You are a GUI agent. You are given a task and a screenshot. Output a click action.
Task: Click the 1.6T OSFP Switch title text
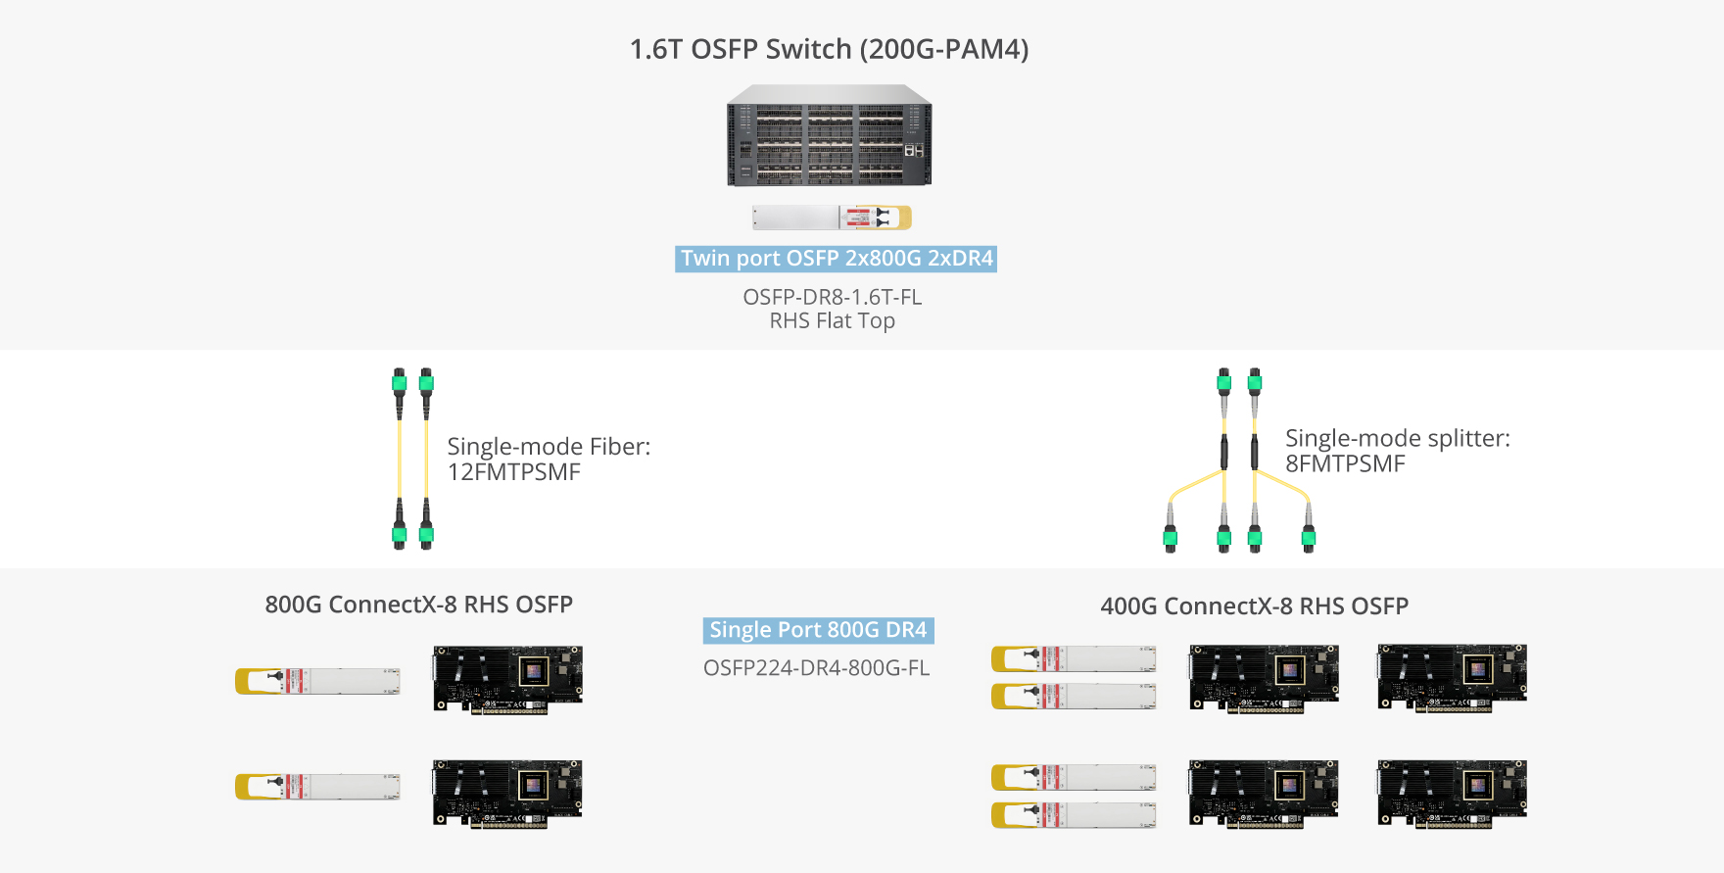(829, 49)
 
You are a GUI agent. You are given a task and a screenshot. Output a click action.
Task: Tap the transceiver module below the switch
(831, 218)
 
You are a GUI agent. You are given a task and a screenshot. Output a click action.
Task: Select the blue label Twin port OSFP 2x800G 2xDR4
(836, 259)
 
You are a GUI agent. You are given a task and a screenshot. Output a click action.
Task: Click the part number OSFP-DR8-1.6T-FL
(832, 297)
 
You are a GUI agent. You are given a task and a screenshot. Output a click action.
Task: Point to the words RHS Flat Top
(832, 321)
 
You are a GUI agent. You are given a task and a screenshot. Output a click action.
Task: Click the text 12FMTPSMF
(513, 472)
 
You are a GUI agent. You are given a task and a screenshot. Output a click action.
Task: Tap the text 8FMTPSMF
(1345, 464)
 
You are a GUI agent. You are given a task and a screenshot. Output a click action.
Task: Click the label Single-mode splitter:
(1397, 438)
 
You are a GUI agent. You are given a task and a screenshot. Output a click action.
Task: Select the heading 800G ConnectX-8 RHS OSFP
(418, 605)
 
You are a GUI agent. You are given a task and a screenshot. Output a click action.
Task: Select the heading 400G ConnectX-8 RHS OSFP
(1254, 606)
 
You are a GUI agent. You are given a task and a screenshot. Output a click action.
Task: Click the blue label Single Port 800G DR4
(818, 630)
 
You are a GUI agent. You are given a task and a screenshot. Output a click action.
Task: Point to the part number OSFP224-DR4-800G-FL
(816, 668)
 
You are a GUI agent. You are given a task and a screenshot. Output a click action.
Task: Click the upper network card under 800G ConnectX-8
(507, 679)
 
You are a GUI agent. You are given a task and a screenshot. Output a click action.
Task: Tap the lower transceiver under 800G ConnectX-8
(317, 787)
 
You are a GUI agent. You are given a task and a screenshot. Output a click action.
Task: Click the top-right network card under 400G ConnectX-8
(1452, 677)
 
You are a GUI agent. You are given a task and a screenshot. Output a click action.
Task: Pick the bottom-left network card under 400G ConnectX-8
(1264, 793)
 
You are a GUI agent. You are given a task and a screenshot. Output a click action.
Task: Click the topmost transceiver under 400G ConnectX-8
(1074, 658)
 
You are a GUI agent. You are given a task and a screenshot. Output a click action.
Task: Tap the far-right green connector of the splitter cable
(1309, 536)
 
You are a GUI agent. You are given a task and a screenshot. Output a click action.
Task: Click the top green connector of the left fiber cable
(399, 381)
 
